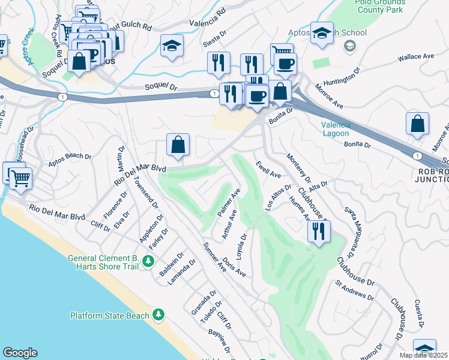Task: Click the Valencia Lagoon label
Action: pos(339,129)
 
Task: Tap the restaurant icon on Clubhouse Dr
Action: pos(319,232)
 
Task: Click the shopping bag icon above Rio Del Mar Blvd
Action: pos(178,145)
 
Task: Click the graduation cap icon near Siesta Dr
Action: pos(172,46)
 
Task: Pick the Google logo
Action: pos(20,353)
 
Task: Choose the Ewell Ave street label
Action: pos(268,169)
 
